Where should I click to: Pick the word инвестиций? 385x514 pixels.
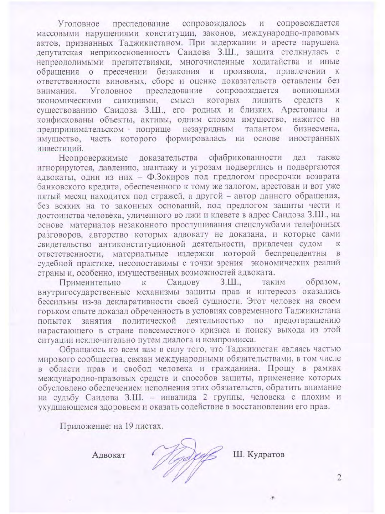click(x=60, y=148)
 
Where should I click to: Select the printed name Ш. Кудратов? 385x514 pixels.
click(x=258, y=454)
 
